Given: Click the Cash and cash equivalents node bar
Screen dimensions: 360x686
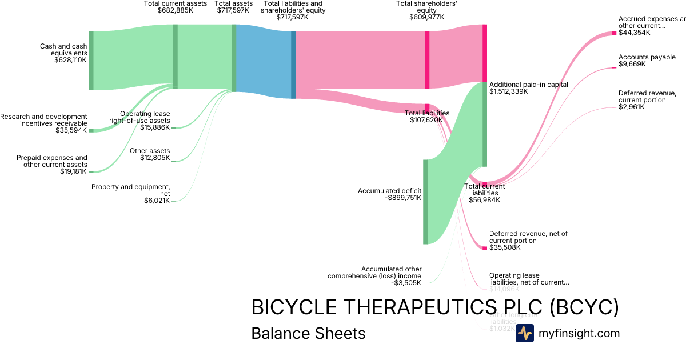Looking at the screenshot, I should pos(91,61).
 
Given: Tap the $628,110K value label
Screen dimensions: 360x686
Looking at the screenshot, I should pos(70,60).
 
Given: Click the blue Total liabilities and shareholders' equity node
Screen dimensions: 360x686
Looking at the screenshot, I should pos(293,65).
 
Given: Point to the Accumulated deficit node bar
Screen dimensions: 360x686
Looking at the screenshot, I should pos(425,202).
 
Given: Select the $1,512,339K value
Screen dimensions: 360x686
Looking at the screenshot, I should pos(509,91).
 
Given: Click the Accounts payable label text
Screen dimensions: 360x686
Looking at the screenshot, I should pos(647,57).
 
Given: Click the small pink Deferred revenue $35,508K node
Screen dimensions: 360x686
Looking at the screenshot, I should pos(484,248).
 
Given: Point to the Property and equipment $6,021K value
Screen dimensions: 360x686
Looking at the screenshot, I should pos(157,201).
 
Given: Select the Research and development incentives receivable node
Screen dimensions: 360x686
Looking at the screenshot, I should pos(91,130).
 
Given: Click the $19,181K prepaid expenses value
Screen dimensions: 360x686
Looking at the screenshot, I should pos(73,171).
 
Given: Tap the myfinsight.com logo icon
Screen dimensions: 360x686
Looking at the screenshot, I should pos(524,333).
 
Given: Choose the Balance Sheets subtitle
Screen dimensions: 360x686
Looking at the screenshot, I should pos(308,333).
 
